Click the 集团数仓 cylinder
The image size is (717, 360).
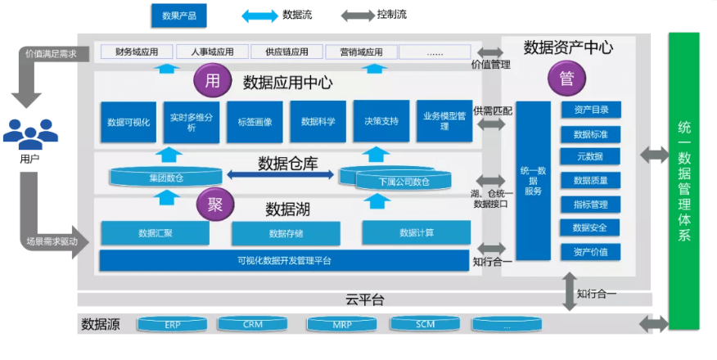click(x=166, y=177)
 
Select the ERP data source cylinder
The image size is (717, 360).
click(x=172, y=325)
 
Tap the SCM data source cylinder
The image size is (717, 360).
click(x=425, y=325)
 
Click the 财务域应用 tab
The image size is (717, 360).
click(x=137, y=52)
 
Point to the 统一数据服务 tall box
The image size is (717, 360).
click(x=533, y=180)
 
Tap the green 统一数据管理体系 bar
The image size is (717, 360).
click(x=684, y=180)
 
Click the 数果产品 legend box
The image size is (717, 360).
click(x=178, y=16)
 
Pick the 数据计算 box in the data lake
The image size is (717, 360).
click(x=417, y=232)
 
